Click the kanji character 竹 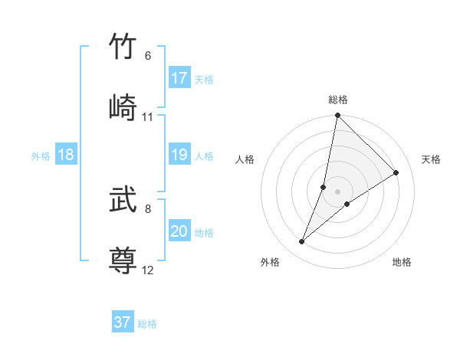(x=123, y=47)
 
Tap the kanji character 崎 (x=123, y=107)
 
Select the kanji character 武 (x=123, y=201)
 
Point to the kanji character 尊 (x=123, y=260)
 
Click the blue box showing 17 (x=179, y=78)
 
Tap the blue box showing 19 (x=179, y=155)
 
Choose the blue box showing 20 (x=179, y=232)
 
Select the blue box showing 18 (x=66, y=155)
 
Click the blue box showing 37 (x=123, y=322)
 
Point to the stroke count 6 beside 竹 (x=148, y=56)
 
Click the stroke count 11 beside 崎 (x=148, y=117)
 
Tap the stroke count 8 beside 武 (x=148, y=208)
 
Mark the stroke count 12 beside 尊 (x=148, y=270)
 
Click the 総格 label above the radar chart (x=338, y=100)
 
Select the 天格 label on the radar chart (x=432, y=159)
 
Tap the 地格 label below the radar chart (x=402, y=262)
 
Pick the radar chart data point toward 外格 (x=302, y=242)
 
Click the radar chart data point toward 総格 (x=337, y=116)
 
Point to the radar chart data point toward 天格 (x=396, y=172)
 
